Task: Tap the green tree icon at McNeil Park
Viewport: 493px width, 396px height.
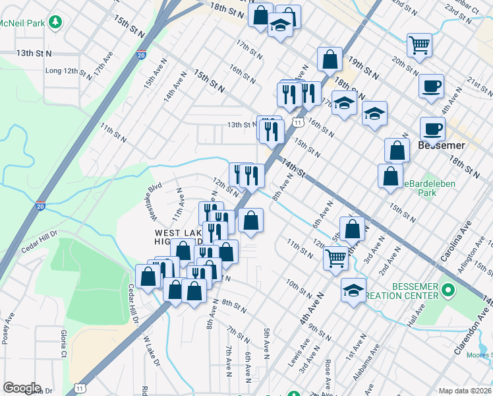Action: tap(57, 22)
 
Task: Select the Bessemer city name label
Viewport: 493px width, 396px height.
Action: tap(442, 145)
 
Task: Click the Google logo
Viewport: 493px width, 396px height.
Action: tap(22, 388)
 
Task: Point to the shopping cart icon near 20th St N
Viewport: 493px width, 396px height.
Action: tap(419, 45)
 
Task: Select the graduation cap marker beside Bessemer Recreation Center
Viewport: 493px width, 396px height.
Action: tap(353, 290)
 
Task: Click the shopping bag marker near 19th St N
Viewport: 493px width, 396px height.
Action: tap(329, 60)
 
